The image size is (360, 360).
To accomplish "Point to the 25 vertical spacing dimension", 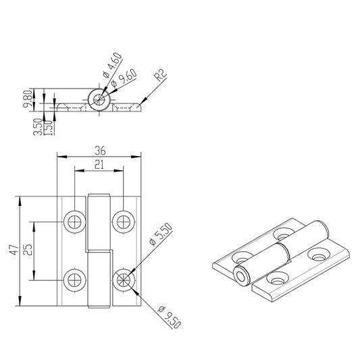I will [28, 250].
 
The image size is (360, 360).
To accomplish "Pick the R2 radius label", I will [160, 74].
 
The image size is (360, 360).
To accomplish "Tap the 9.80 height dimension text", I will [27, 100].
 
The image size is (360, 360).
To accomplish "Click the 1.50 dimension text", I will [47, 126].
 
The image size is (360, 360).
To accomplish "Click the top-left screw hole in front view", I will [74, 221].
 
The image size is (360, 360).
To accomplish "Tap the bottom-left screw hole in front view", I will [74, 279].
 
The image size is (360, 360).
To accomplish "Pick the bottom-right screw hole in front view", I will [123, 279].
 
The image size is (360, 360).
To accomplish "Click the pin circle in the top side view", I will [99, 100].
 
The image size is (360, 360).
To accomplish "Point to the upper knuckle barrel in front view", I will [99, 223].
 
